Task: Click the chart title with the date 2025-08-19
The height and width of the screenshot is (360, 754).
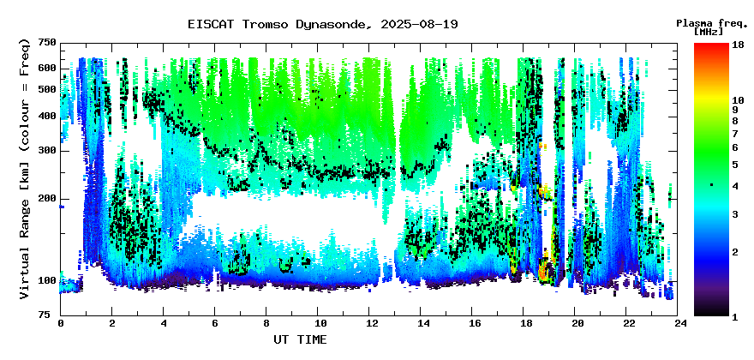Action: coord(323,24)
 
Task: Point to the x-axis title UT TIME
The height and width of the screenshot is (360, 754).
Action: coord(300,339)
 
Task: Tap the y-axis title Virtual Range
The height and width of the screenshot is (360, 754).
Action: coord(25,169)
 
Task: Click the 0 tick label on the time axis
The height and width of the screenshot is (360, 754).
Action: coord(61,323)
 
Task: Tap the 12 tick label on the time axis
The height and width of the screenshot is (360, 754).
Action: coord(368,323)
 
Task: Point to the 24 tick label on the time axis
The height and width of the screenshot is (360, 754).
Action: coord(678,323)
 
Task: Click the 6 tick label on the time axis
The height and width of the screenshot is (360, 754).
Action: coord(215,323)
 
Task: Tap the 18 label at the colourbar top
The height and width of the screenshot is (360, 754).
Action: coord(737,45)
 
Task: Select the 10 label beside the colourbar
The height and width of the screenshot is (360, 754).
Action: coord(737,100)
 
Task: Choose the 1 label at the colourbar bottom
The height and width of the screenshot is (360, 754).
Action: coord(735,316)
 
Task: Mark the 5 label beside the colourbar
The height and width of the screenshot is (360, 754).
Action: coord(735,165)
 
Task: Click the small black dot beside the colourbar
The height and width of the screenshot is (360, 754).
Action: coord(712,185)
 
